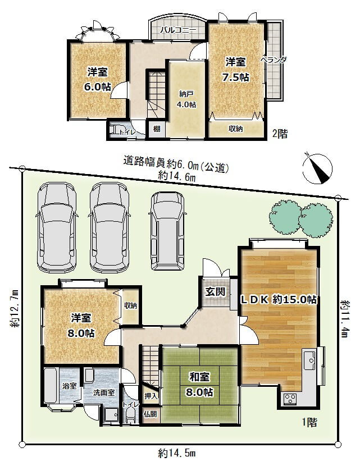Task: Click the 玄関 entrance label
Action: (215, 291)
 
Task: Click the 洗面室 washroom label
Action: (103, 392)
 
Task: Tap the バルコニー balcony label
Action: (177, 29)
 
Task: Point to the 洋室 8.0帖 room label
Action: (82, 325)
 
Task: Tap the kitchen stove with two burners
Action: (291, 399)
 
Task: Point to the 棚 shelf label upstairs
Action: (156, 128)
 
